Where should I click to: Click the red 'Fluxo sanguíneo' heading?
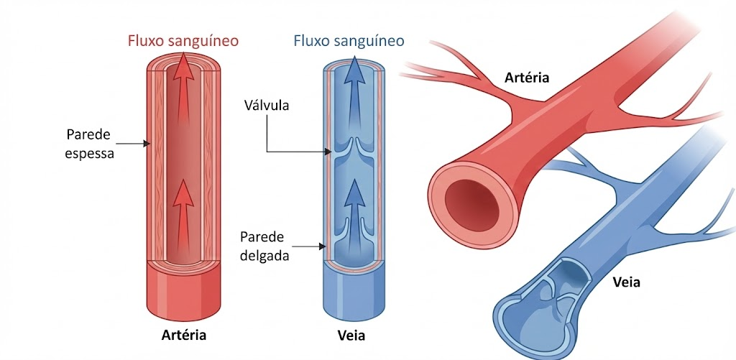tap(183, 41)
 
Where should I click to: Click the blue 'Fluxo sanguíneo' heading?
tap(349, 41)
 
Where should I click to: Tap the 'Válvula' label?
tap(267, 105)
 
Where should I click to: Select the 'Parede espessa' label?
tap(90, 144)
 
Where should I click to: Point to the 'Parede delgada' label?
tap(264, 246)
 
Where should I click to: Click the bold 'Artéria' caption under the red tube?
tap(183, 336)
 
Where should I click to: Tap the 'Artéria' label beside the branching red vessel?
tap(527, 78)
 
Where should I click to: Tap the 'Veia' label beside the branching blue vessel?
tap(627, 282)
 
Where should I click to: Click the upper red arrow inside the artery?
tap(183, 94)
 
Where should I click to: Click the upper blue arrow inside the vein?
tap(355, 98)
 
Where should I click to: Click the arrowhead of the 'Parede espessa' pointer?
tap(146, 144)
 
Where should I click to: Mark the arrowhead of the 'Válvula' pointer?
tap(328, 152)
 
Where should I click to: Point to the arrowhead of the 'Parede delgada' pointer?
tap(322, 246)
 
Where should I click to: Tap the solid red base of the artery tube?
tap(183, 292)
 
